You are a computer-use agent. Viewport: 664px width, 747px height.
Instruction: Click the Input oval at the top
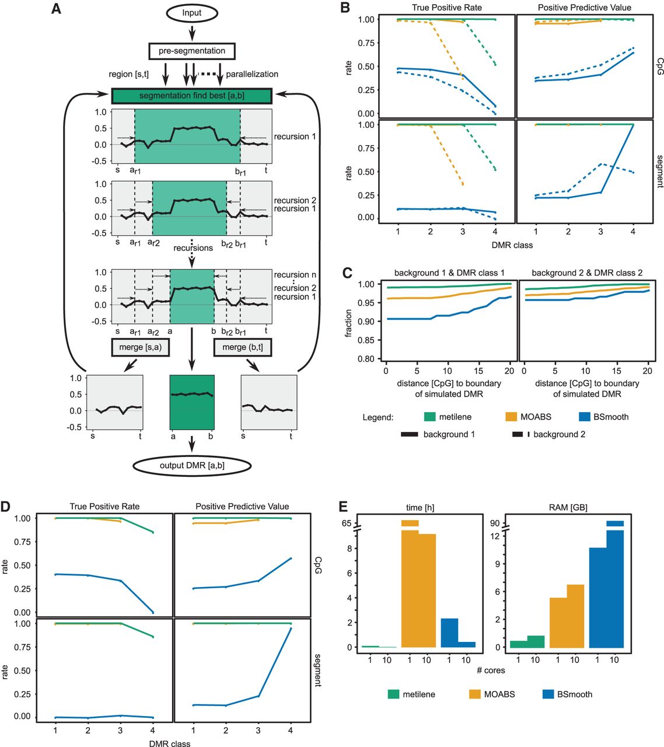191,12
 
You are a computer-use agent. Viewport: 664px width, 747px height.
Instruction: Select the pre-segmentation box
192,51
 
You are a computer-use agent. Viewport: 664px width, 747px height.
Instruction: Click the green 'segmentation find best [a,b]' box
191,96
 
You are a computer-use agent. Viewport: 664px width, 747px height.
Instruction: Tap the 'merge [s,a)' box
140,347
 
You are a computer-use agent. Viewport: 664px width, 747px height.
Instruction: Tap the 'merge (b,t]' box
243,347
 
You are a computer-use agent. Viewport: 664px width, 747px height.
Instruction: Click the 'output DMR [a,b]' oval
192,466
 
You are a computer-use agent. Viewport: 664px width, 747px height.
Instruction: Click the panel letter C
347,272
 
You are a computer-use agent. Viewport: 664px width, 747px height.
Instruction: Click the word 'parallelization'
252,74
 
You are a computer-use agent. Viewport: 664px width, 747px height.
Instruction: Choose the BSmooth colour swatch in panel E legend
547,694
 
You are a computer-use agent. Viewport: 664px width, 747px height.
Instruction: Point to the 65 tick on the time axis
347,523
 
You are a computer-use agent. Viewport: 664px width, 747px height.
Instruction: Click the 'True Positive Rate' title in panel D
104,507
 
